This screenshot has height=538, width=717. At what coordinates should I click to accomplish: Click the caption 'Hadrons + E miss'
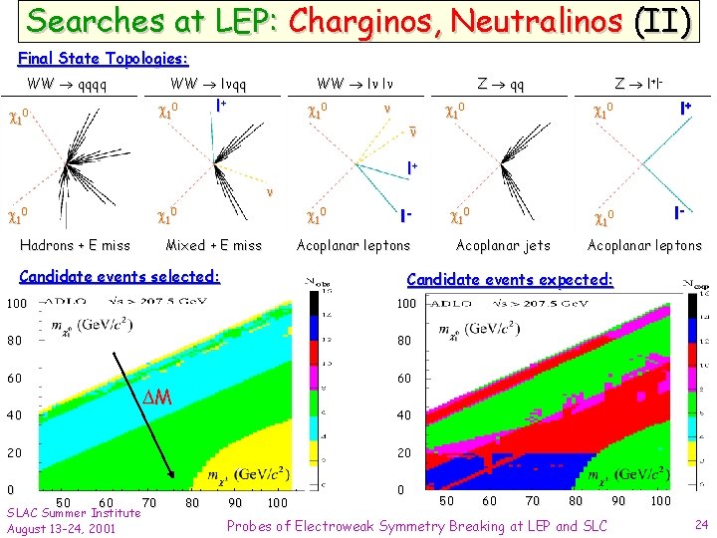75,245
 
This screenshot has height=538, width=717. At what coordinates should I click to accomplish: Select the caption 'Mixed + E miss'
213,245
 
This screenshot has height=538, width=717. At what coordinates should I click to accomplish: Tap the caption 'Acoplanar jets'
502,245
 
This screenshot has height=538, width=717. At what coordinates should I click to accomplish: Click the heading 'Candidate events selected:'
119,276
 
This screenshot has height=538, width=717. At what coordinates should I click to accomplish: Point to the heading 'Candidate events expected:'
510,281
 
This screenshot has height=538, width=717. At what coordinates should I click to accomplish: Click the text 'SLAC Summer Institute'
74,512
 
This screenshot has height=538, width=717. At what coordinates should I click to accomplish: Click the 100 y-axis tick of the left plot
15,302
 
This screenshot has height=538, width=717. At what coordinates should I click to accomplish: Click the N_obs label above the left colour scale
322,284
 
